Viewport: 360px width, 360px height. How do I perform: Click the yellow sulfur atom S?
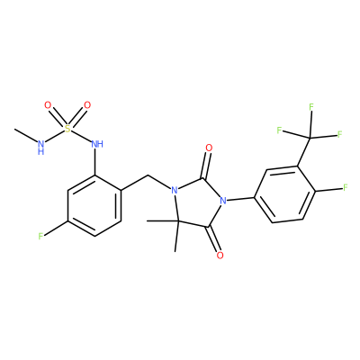click(x=68, y=129)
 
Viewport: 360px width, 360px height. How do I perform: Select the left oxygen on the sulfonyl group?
click(x=48, y=105)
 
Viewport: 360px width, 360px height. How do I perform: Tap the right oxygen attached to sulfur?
click(x=87, y=105)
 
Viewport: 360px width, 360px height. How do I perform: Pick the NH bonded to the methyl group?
click(x=41, y=148)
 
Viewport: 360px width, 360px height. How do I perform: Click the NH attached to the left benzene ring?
click(x=97, y=144)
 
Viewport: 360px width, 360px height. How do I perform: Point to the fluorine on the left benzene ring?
click(x=41, y=237)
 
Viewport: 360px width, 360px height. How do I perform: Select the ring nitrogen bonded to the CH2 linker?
click(x=174, y=191)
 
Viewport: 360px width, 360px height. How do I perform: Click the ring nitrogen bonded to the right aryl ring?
click(x=222, y=201)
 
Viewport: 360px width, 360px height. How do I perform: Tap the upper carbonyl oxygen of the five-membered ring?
click(x=209, y=148)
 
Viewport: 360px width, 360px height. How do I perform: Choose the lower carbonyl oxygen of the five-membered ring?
click(x=220, y=256)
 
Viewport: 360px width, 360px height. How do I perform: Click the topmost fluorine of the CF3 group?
click(x=311, y=106)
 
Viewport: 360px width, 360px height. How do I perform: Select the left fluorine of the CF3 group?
click(x=279, y=130)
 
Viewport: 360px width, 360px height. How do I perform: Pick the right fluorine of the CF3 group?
click(x=340, y=134)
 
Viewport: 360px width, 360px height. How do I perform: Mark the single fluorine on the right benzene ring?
click(x=346, y=188)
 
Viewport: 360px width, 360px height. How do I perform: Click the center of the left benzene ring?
click(x=94, y=205)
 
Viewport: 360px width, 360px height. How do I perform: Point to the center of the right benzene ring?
click(x=285, y=194)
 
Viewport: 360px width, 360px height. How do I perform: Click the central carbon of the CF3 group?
click(x=310, y=138)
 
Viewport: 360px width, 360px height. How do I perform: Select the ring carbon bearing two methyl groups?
click(x=176, y=221)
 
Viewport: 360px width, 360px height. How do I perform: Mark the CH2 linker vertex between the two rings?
click(x=148, y=175)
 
